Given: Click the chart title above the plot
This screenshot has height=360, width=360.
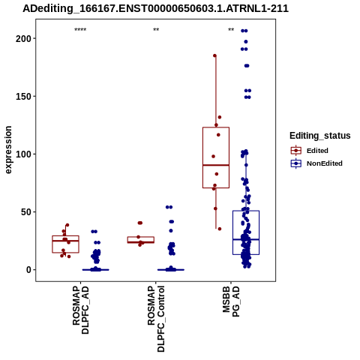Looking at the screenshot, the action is (155, 8).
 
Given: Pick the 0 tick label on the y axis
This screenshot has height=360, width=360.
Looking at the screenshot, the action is (30, 270).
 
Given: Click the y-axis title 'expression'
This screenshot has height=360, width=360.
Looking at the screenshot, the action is (8, 150).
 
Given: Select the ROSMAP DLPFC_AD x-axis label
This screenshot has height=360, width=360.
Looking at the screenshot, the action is (80, 310).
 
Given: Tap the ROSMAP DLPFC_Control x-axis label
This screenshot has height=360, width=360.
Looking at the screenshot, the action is (156, 319).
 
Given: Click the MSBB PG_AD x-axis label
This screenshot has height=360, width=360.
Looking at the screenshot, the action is (231, 301).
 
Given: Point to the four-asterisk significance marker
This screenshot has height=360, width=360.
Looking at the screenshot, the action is (80, 30).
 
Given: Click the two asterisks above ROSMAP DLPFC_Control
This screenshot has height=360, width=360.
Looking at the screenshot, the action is (156, 30).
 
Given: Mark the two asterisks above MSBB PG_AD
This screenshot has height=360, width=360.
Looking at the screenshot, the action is (231, 30).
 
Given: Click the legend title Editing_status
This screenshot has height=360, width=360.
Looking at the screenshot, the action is (320, 136).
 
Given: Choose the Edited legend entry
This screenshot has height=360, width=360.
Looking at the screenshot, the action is (310, 151).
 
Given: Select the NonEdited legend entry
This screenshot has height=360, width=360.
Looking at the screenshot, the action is (316, 163).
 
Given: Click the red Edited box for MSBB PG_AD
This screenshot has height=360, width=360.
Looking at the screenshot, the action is (216, 127).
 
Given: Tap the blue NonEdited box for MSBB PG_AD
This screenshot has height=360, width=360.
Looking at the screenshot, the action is (246, 211).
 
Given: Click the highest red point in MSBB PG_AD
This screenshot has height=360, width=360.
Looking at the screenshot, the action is (214, 55).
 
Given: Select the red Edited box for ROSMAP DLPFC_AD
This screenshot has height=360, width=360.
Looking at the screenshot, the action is (65, 235).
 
